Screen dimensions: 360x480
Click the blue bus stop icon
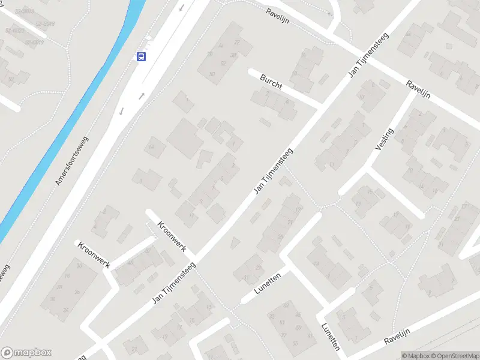tap(141, 57)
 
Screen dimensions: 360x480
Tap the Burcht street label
tap(271, 82)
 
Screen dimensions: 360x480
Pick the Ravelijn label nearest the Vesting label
tap(419, 91)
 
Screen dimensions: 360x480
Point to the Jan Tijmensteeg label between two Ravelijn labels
tap(368, 55)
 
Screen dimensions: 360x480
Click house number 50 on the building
tap(212, 74)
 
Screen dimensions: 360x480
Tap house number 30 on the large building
tap(79, 266)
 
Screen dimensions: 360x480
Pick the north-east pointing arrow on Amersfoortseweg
tap(142, 96)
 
